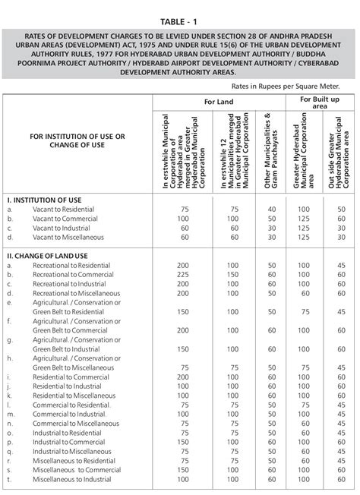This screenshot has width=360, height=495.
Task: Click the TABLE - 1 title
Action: pos(180,10)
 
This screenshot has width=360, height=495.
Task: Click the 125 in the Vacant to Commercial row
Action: pos(305,218)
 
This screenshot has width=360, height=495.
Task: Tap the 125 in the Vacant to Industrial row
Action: pos(305,228)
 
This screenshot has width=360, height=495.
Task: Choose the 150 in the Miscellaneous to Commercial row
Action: pos(183,470)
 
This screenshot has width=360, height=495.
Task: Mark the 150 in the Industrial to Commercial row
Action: pos(183,441)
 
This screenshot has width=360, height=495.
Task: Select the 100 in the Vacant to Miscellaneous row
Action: pos(305,238)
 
